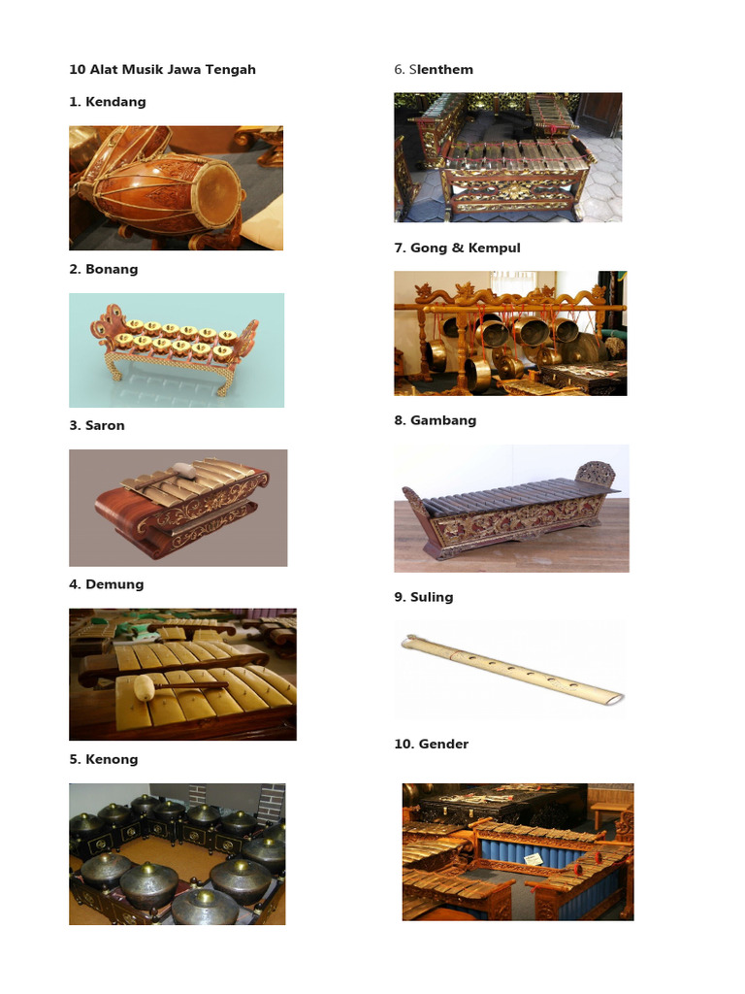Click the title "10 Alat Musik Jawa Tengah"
click(x=162, y=70)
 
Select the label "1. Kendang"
click(x=107, y=102)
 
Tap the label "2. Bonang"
click(x=103, y=270)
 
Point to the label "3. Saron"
click(x=96, y=426)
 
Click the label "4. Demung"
click(x=106, y=584)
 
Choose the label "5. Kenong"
click(x=103, y=760)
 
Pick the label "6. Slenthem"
click(x=433, y=70)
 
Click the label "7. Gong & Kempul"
click(x=457, y=248)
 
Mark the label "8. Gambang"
click(x=435, y=421)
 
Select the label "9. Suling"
click(x=423, y=598)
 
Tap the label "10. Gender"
click(x=431, y=745)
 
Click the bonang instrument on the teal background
click(x=175, y=346)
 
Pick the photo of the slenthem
click(x=507, y=157)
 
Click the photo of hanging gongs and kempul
click(x=509, y=333)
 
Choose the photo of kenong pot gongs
click(x=177, y=854)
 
